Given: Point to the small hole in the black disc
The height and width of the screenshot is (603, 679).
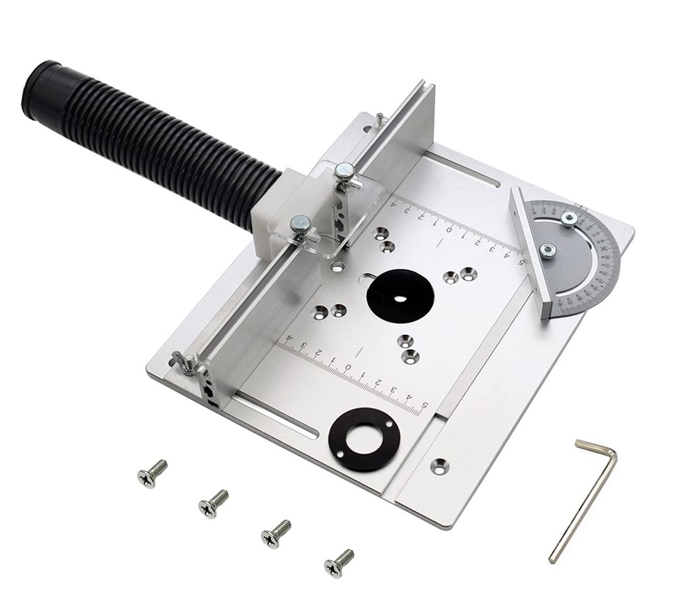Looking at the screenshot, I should (x=397, y=299).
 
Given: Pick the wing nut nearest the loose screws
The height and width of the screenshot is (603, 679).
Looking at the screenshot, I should (x=187, y=362).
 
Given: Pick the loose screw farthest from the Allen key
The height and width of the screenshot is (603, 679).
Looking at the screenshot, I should (x=152, y=473).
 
